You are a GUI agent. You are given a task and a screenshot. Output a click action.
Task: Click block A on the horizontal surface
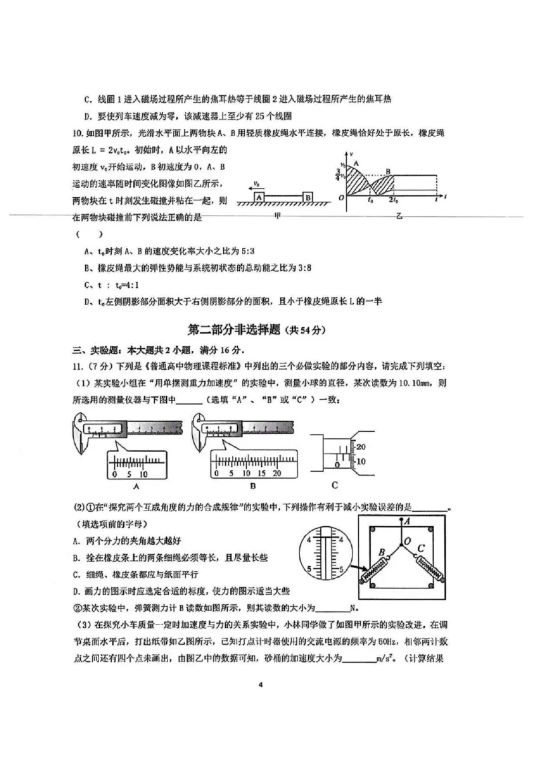point(259,197)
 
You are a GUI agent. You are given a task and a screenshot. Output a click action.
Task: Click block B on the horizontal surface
point(307,197)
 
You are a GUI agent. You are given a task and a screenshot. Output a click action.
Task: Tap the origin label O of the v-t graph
point(341,198)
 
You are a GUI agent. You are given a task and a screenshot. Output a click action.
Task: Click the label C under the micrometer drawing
point(334,484)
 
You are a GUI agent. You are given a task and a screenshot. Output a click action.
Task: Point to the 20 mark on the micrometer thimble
point(359,447)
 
